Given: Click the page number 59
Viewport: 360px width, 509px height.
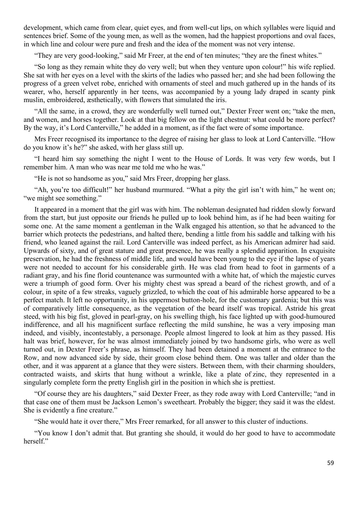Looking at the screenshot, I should tap(330, 463).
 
